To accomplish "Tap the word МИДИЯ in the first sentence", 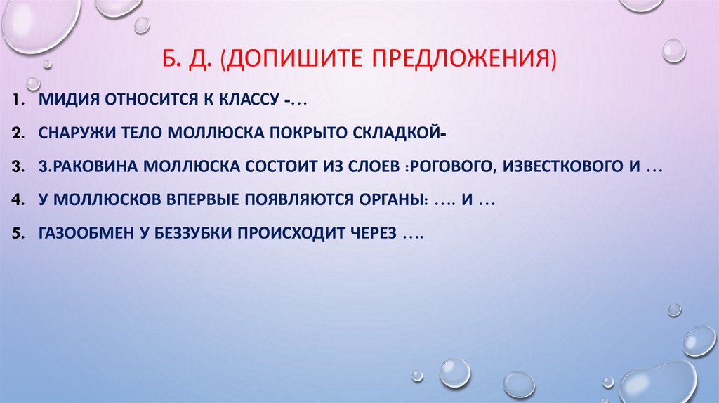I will [68, 101].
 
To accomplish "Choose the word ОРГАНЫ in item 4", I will [390, 200].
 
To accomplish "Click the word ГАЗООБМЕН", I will [86, 232].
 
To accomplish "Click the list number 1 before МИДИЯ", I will [15, 101].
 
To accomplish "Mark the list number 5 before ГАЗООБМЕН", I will [15, 232].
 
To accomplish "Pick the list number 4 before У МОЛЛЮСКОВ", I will [15, 200].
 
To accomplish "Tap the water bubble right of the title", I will [673, 51].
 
